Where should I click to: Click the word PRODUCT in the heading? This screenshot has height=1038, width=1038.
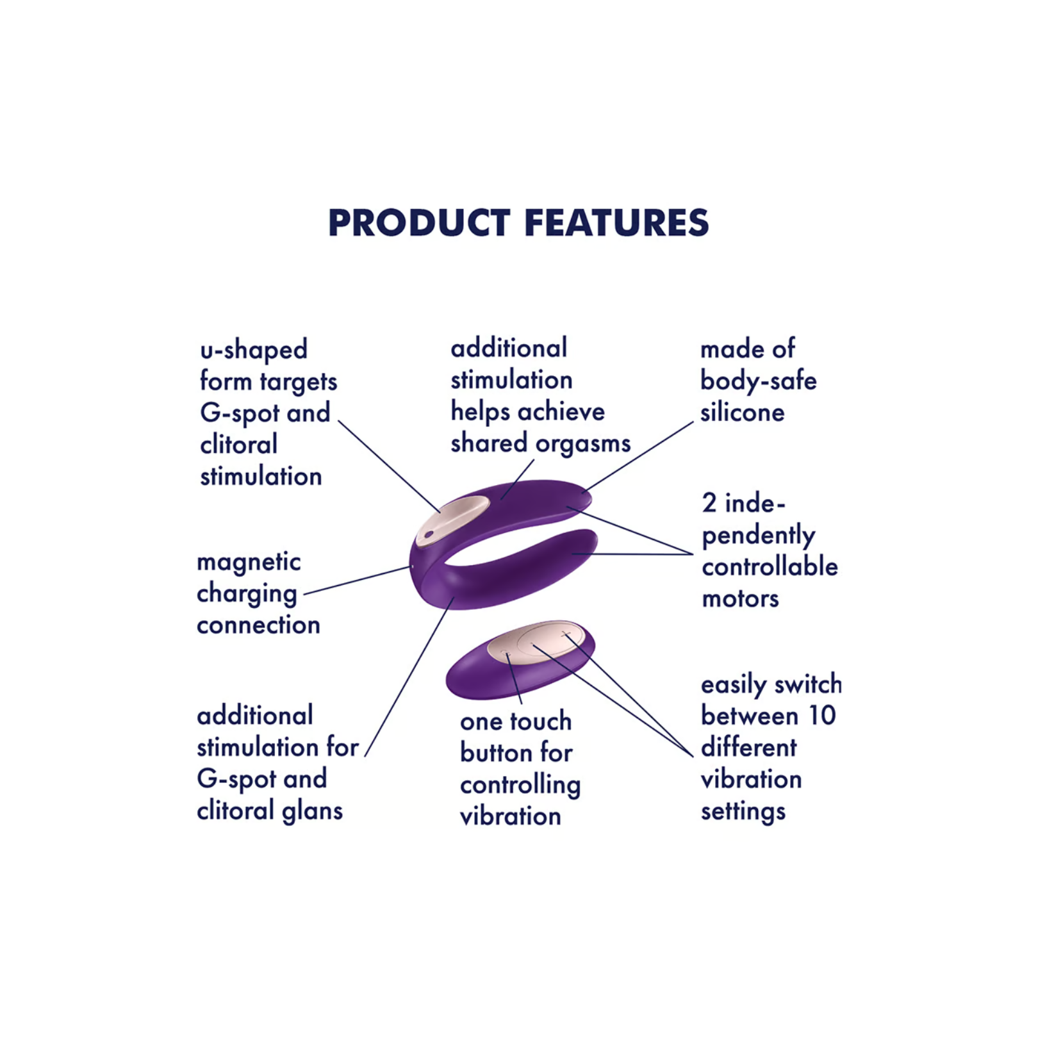pos(419,223)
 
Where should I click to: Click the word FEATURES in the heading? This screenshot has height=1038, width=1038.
pos(616,223)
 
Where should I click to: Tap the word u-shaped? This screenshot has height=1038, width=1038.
pos(254,350)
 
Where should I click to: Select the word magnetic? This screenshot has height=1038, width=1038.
pos(249,562)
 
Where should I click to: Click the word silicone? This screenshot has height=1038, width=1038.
pos(742,413)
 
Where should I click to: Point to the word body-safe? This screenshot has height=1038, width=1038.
pos(759,381)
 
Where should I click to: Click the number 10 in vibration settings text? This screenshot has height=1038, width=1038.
pos(822,716)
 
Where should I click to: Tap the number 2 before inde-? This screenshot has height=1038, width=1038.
pos(709,503)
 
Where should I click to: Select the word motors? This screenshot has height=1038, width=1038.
pos(741,599)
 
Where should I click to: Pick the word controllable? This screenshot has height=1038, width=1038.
pos(770,566)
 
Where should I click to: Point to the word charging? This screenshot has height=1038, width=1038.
pos(247,595)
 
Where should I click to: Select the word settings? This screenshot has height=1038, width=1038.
pos(743,812)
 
